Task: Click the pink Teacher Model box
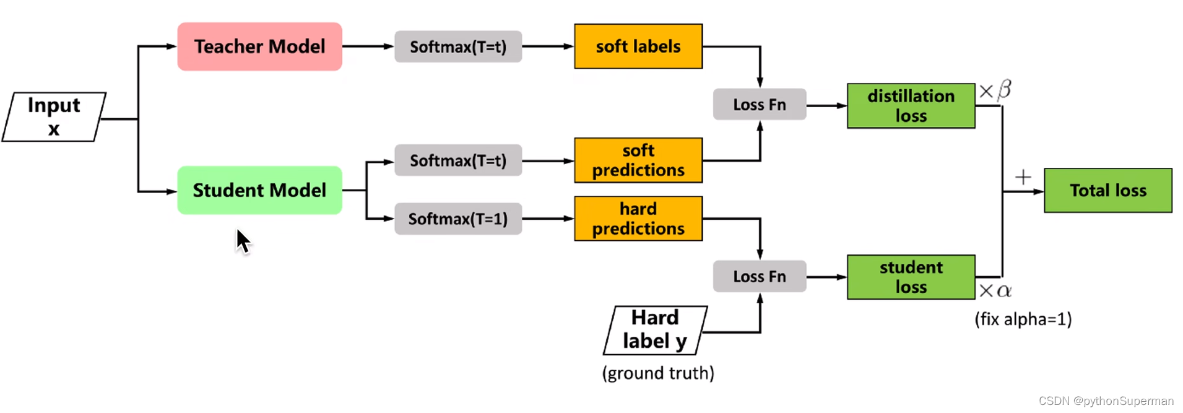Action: (x=259, y=46)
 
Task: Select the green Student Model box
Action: (x=259, y=190)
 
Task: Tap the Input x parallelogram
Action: (x=54, y=117)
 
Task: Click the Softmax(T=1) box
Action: (x=458, y=219)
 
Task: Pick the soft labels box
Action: (x=638, y=46)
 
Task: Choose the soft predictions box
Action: (x=638, y=160)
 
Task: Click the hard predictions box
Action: (x=638, y=219)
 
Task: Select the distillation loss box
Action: (x=911, y=106)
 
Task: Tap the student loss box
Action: (x=911, y=277)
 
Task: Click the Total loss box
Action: (x=1107, y=190)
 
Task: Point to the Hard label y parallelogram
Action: (x=655, y=330)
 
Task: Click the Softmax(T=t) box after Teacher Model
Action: (x=458, y=46)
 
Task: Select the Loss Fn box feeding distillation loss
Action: (x=760, y=104)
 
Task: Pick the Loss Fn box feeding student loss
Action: (x=760, y=276)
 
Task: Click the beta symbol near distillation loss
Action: (x=1004, y=90)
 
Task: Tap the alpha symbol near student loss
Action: (x=1004, y=290)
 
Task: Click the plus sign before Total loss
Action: (x=1023, y=178)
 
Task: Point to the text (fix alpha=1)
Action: (x=1023, y=320)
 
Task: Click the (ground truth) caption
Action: (x=658, y=373)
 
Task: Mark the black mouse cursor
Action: (x=243, y=240)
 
